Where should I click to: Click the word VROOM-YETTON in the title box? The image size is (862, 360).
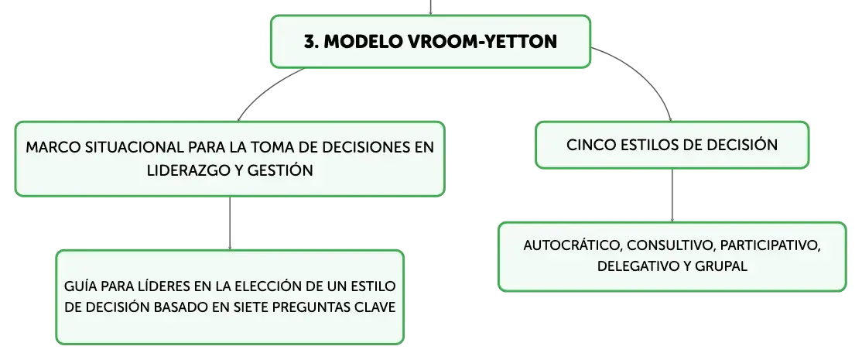click(x=482, y=42)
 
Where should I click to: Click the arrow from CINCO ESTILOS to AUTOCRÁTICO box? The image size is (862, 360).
click(x=672, y=195)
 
